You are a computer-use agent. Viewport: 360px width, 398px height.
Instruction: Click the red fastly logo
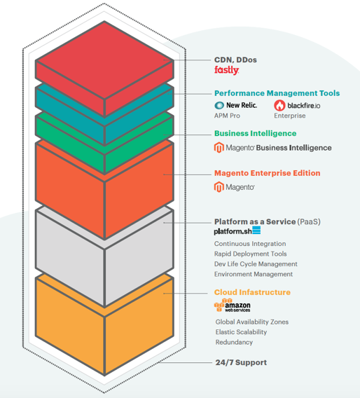click(x=226, y=70)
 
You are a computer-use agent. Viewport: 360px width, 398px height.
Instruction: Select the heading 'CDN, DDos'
click(x=235, y=60)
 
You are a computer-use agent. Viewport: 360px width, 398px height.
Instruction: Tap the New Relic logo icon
click(x=219, y=105)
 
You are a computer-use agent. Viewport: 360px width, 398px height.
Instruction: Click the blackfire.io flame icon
click(x=279, y=105)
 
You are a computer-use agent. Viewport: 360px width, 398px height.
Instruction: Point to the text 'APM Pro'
click(x=227, y=116)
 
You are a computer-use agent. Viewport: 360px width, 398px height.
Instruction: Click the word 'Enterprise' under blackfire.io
click(x=290, y=116)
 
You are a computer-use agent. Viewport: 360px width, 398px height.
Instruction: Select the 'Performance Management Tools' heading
click(x=277, y=93)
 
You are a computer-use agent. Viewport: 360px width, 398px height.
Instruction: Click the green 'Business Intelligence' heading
click(x=255, y=134)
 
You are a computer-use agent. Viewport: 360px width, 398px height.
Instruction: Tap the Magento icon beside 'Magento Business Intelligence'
click(x=219, y=148)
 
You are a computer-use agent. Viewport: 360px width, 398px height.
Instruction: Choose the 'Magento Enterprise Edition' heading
click(x=267, y=173)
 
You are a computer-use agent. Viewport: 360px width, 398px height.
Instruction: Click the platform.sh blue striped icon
click(x=256, y=231)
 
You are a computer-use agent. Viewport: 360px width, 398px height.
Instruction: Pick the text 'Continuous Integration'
click(x=250, y=244)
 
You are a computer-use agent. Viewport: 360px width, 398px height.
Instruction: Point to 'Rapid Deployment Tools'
click(x=251, y=254)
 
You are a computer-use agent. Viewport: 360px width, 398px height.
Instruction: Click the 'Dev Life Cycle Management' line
click(x=256, y=264)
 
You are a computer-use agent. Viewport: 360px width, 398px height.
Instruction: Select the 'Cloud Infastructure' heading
click(x=252, y=292)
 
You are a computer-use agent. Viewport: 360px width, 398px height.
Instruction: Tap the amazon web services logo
click(x=232, y=306)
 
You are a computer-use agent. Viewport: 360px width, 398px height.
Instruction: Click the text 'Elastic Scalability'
click(x=241, y=332)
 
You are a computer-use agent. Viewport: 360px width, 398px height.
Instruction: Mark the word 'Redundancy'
click(x=234, y=342)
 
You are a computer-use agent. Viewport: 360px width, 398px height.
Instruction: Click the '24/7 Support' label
click(x=241, y=362)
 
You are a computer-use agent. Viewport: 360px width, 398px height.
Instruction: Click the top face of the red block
click(x=104, y=60)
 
